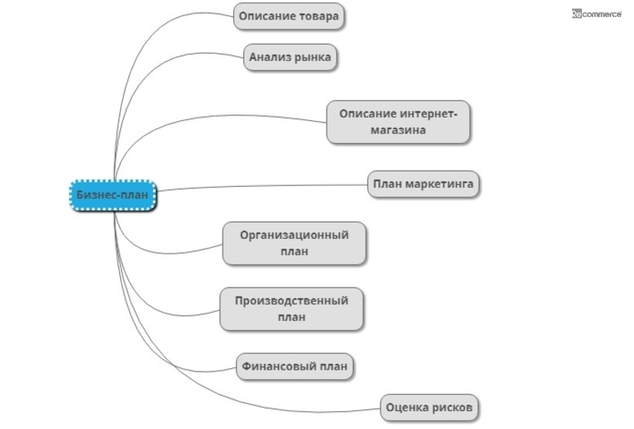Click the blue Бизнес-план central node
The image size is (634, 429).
(111, 195)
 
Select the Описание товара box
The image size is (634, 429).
(289, 16)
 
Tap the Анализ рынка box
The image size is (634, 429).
(289, 58)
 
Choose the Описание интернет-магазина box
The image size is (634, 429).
(398, 122)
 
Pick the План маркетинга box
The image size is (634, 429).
(423, 184)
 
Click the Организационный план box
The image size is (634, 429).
(294, 243)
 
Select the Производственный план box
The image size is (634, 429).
(291, 309)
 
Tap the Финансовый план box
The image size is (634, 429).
(294, 366)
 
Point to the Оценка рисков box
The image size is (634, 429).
(430, 406)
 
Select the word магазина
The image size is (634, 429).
(398, 130)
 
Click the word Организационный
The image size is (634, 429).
(294, 235)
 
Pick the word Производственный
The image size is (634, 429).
(291, 301)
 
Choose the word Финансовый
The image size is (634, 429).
(275, 366)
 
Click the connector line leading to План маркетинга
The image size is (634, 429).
(260, 187)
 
